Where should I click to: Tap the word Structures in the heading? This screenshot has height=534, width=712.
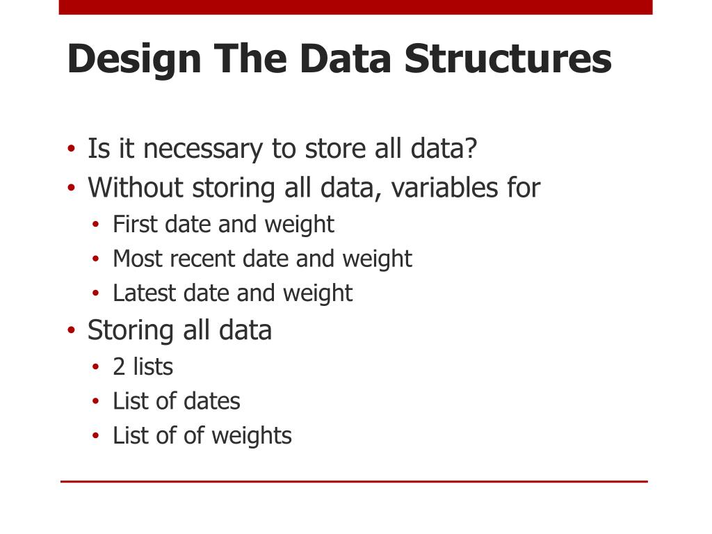(x=508, y=59)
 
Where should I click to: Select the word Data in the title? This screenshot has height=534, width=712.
(x=346, y=59)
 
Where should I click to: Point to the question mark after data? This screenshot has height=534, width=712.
(x=472, y=149)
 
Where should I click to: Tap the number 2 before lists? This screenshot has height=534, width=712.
(x=119, y=366)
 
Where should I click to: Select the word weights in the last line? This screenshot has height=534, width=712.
(x=252, y=436)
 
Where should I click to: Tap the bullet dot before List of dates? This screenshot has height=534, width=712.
(x=97, y=402)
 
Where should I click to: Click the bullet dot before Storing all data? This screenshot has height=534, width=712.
(x=71, y=330)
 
